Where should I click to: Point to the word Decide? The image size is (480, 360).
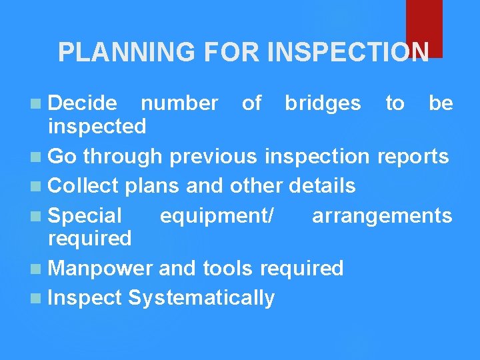pos(83,103)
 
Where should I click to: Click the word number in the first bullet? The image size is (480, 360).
pos(179,103)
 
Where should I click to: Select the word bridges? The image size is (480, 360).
pos(323,103)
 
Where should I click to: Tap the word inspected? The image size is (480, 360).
pos(97,125)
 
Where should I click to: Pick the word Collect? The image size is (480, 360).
pos(83,185)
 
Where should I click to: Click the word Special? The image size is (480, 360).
pos(85,215)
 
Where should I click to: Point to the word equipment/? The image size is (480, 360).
pos(216,215)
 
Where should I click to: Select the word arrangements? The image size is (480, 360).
pos(382,215)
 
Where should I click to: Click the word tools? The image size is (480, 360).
pos(228,268)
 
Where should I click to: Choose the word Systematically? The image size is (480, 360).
pos(201,297)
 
